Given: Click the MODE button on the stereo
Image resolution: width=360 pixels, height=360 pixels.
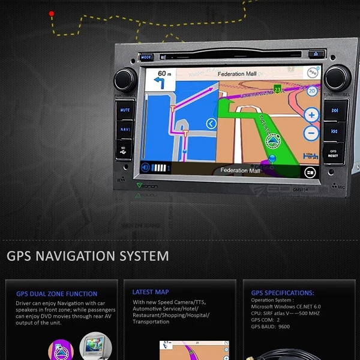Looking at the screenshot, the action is [x=146, y=58].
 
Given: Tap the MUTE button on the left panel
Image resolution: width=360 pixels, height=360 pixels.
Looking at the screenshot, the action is [x=125, y=110].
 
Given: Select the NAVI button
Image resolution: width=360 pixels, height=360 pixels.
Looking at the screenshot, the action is [x=125, y=129].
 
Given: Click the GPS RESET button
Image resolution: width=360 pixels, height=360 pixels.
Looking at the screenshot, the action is [x=334, y=154].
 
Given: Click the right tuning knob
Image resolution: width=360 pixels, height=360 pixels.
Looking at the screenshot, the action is [x=337, y=77].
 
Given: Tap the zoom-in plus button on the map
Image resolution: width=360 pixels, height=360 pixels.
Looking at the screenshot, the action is [x=311, y=115].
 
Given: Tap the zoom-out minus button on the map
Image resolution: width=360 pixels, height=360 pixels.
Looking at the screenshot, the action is [x=311, y=133].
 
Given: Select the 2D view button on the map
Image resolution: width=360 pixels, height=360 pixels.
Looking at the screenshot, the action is [x=312, y=91].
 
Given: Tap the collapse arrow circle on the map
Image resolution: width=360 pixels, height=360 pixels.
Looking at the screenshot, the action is [x=211, y=124].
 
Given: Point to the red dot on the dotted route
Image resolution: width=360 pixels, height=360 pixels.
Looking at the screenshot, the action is [x=52, y=13].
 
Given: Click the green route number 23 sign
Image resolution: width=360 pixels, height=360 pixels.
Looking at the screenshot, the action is [x=277, y=89].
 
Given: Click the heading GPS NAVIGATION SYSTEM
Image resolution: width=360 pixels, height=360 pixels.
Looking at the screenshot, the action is [x=88, y=256].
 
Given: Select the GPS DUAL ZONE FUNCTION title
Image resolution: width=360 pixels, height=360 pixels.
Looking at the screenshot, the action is [x=56, y=294].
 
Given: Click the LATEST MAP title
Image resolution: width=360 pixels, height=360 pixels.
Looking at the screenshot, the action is [x=151, y=292].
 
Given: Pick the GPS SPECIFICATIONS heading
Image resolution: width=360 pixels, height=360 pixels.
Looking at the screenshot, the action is [x=283, y=293].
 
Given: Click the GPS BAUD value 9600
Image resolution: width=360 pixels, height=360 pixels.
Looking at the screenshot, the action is [x=284, y=327].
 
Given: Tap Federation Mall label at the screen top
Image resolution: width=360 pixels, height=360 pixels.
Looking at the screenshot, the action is [x=239, y=74].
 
